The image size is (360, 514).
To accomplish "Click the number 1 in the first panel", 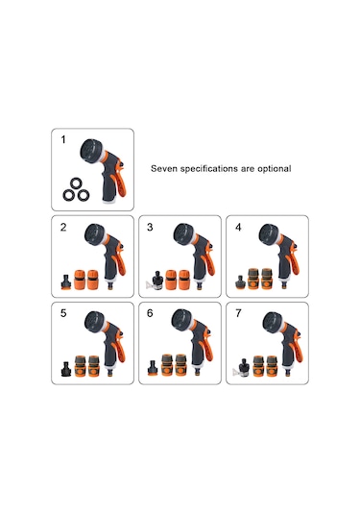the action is coord(63,140).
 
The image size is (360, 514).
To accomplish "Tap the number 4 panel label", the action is coord(238,227).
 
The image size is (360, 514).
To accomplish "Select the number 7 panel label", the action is coord(238,313).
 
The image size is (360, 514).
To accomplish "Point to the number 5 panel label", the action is coord(63,313).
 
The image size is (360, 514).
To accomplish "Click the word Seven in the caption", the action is coord(164,168).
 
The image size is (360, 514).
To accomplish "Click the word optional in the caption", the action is coord(275,168).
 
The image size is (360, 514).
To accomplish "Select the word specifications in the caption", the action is coord(209,169).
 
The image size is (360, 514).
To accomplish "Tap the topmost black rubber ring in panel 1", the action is coord(77,184).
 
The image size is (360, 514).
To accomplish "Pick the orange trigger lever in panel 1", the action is coord(119,184).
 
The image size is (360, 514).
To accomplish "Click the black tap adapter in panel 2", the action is coord(66,281).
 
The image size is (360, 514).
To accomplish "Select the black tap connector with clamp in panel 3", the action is coord(156,281).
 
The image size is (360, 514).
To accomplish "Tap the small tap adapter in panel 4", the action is coord(240,282).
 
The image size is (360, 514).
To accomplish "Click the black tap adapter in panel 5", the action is coord(66,369).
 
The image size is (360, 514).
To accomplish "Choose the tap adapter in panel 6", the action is coord(153,368).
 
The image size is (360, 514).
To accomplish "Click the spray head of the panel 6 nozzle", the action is coord(181,319).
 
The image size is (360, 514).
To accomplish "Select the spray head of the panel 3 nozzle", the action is coord(183,233).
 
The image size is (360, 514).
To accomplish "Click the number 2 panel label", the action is coord(63,227).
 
